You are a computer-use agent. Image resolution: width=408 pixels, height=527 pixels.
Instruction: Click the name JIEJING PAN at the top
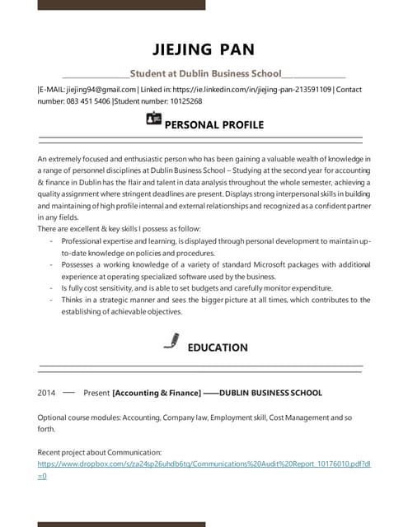click(x=203, y=49)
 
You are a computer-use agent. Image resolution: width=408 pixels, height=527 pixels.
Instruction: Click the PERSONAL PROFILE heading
click(x=214, y=125)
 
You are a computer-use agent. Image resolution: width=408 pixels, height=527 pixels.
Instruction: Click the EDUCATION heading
click(x=218, y=347)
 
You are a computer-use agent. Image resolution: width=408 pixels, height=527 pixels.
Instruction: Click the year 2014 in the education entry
click(x=47, y=393)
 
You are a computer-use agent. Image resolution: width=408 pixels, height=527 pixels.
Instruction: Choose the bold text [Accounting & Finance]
click(x=157, y=393)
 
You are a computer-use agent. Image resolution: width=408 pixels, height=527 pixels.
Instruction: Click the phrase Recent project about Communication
click(x=100, y=452)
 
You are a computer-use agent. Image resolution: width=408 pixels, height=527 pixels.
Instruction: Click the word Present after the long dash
click(x=96, y=393)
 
